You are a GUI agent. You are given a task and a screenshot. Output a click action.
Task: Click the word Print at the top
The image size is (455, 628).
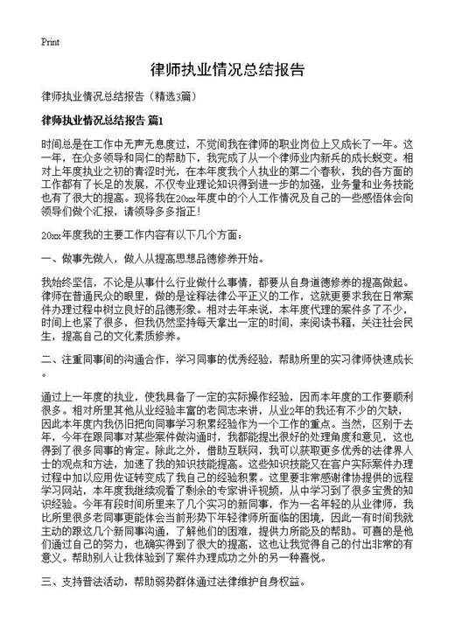coord(50,42)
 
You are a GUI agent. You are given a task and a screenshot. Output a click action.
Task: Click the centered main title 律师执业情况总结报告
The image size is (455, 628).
coord(227,69)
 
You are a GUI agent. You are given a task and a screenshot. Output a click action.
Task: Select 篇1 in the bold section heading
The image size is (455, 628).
coord(154,120)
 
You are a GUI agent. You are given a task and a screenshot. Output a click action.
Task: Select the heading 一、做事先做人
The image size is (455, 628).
coord(88,259)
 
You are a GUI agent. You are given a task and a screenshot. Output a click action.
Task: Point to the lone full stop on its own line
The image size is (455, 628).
coord(44,373)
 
